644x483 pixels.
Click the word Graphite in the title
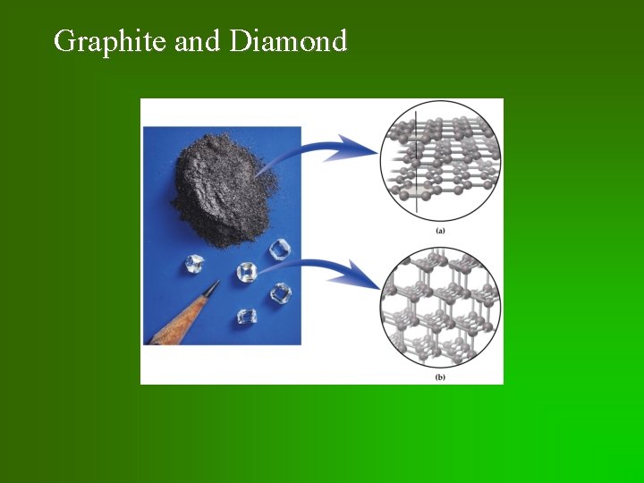click(110, 41)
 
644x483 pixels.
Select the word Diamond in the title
click(288, 41)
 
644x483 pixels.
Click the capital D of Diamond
click(240, 41)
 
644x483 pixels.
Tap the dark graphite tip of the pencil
click(211, 288)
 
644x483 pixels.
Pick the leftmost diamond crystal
click(195, 264)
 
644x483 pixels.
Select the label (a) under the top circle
click(440, 231)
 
